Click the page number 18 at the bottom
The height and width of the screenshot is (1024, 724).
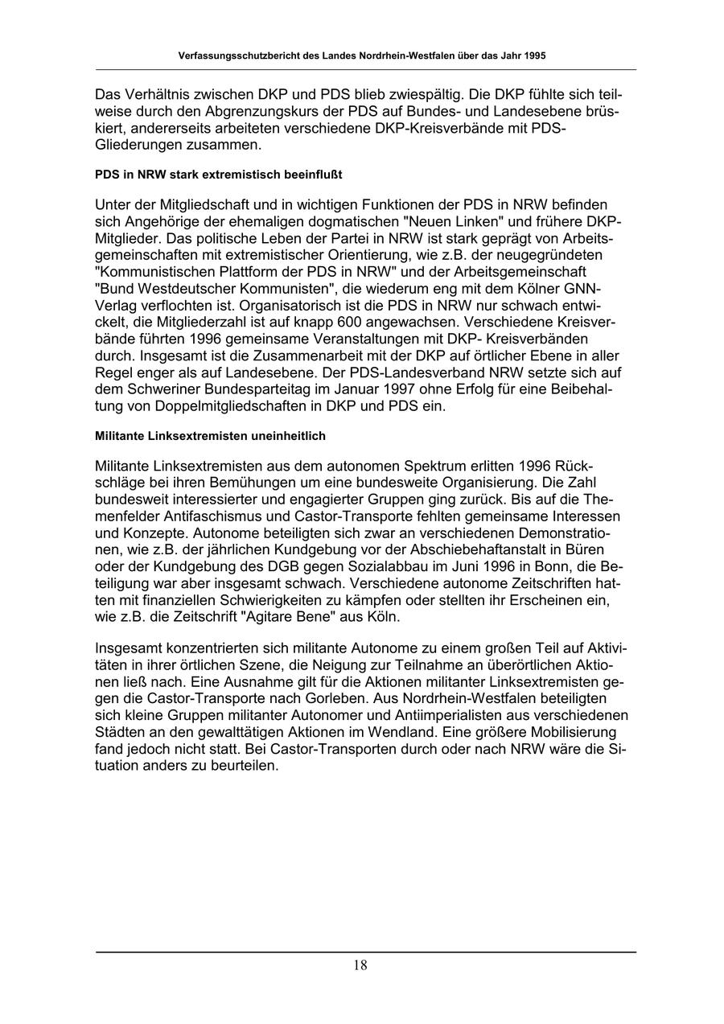pyautogui.click(x=360, y=965)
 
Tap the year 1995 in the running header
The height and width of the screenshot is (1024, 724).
pyautogui.click(x=534, y=57)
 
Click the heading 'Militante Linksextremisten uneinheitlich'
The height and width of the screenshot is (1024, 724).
pyautogui.click(x=210, y=435)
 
